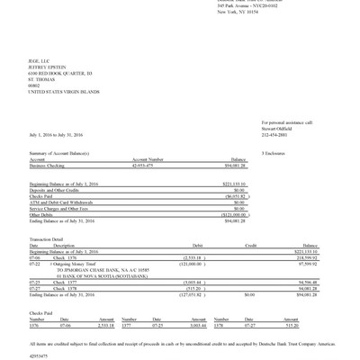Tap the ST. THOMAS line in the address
[41, 78]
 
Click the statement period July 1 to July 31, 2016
[63, 136]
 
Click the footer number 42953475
[43, 355]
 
